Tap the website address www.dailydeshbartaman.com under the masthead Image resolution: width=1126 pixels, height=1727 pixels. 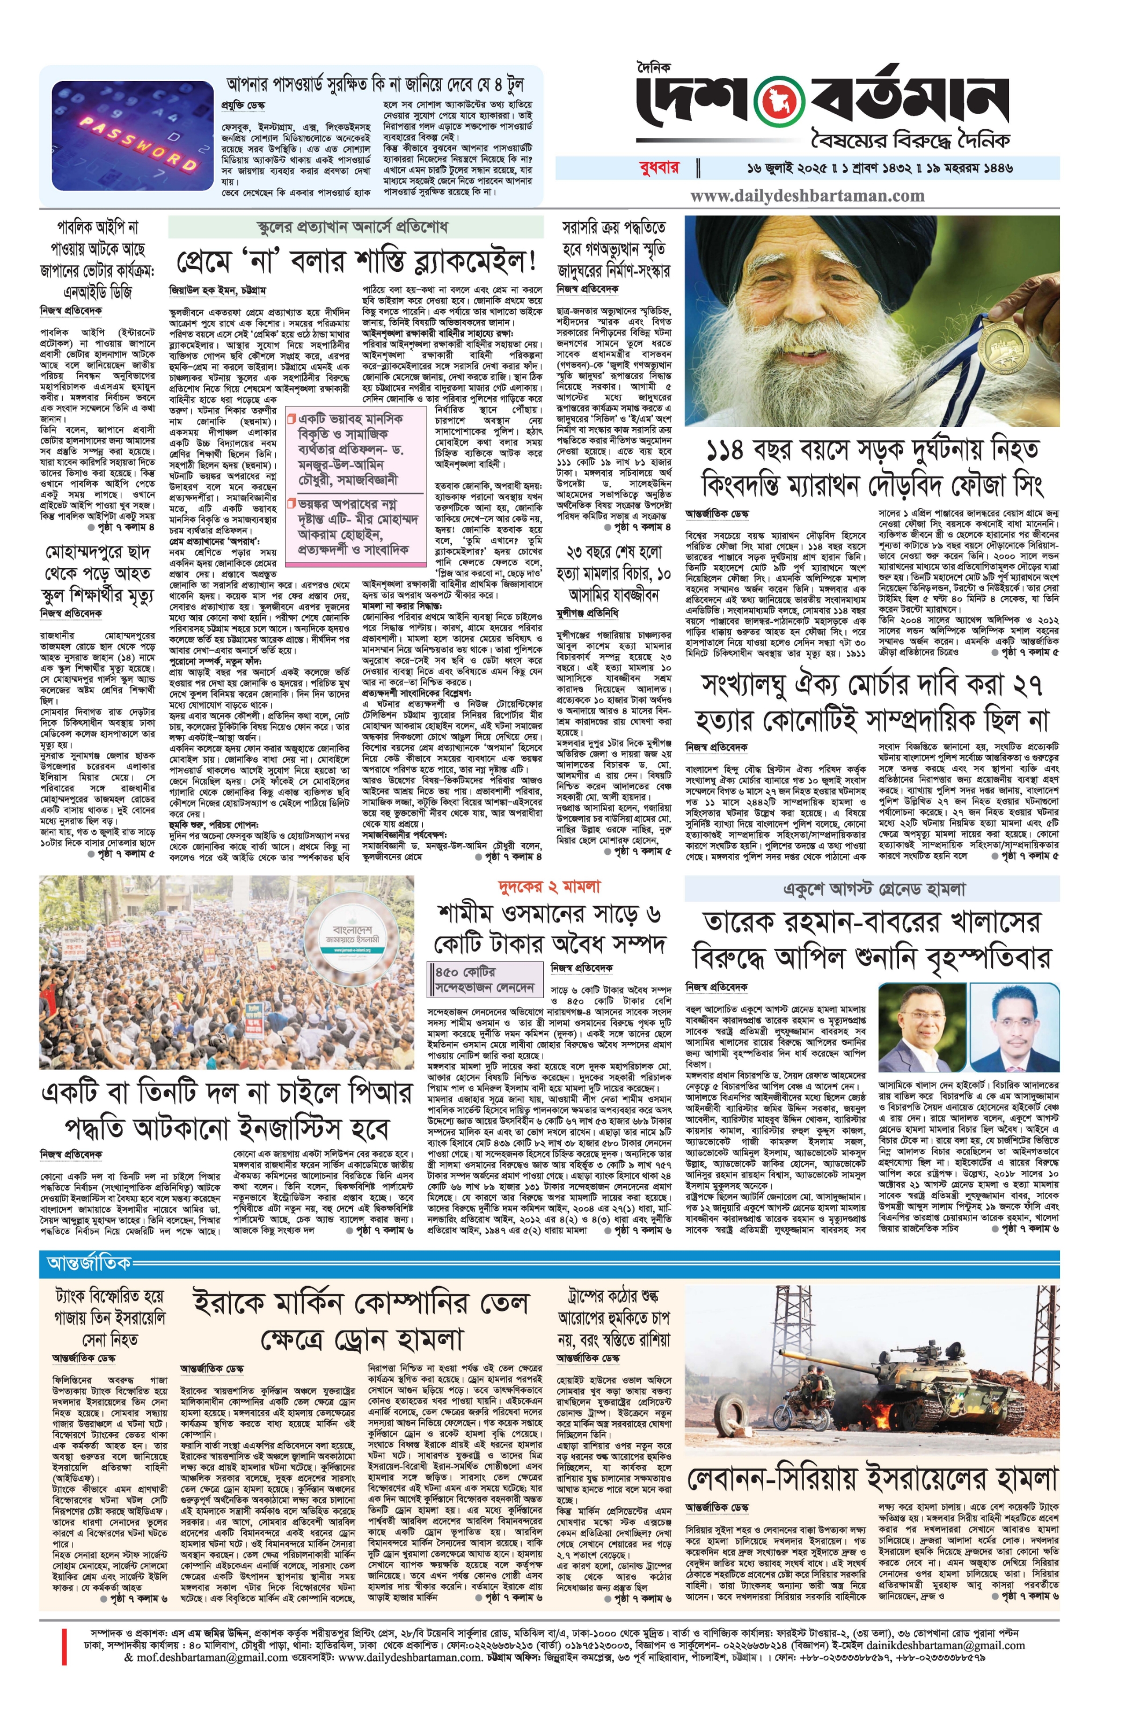[x=807, y=195]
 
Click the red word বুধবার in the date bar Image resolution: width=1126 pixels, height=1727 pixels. [x=659, y=168]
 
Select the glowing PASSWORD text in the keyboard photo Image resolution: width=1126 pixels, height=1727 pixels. [x=137, y=144]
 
